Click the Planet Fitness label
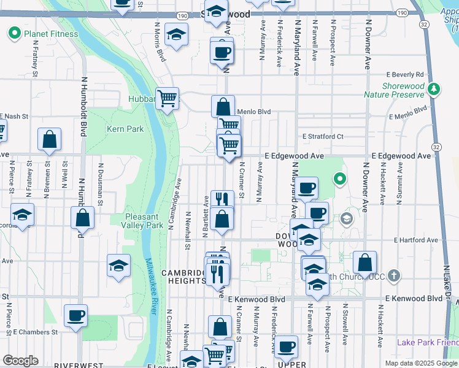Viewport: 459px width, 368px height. pos(51,34)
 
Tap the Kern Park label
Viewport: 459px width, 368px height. pos(125,129)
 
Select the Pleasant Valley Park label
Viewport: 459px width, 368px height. pos(144,221)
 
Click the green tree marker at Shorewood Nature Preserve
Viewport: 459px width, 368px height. pos(434,90)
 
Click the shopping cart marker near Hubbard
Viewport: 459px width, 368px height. pos(167,98)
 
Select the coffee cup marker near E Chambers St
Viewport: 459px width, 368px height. pos(76,316)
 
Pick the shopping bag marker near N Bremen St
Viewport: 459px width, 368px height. pos(50,140)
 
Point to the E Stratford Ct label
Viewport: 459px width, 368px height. pos(323,136)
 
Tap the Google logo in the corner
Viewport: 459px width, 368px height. pos(20,360)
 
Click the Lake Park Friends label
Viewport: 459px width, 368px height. pos(428,342)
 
